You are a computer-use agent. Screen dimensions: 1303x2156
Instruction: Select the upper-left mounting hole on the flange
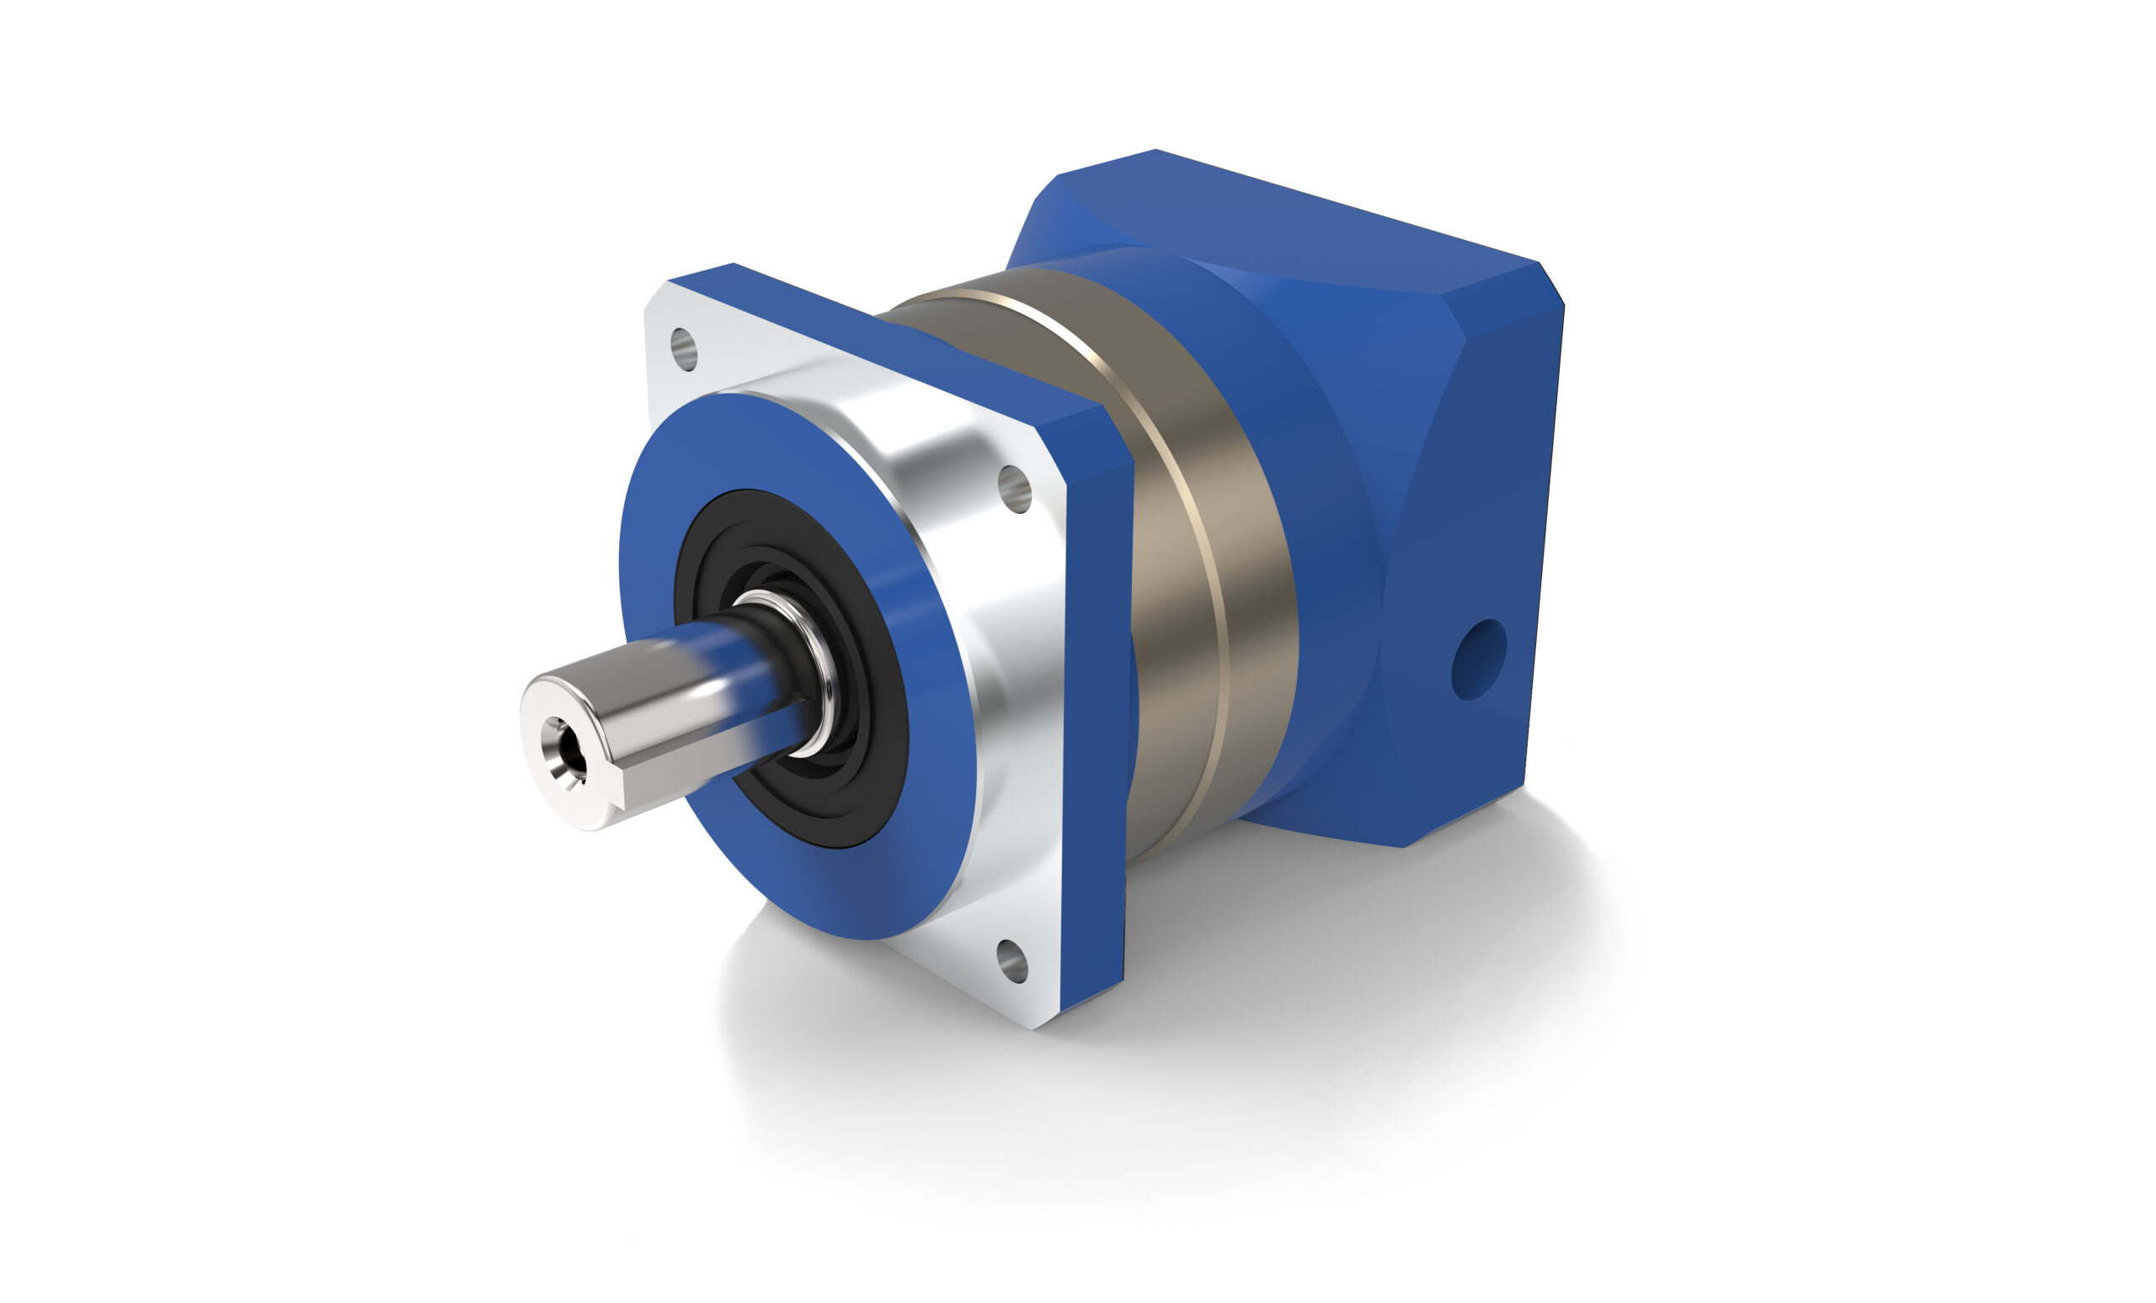[x=686, y=350]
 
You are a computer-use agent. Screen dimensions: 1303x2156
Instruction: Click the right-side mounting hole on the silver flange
[x=1014, y=489]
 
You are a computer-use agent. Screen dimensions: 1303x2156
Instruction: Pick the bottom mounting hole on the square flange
[x=1011, y=962]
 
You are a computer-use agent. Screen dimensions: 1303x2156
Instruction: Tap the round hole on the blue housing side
[x=1478, y=660]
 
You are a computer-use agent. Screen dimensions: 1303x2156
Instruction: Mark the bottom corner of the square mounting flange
[x=1037, y=1026]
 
